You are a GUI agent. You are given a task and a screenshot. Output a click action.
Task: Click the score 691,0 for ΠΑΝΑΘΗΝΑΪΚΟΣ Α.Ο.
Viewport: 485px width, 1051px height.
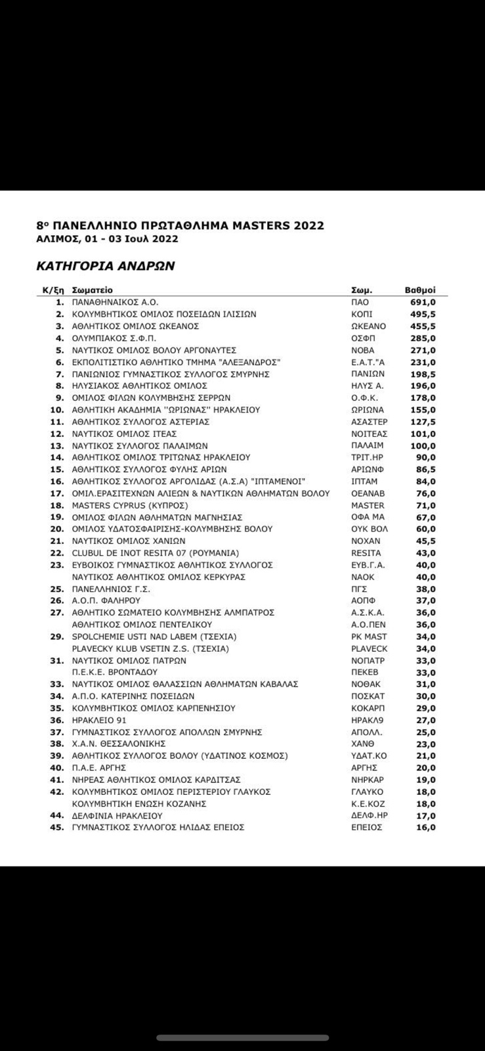tap(423, 302)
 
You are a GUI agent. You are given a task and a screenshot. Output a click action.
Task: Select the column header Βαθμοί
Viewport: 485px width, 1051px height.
tap(420, 290)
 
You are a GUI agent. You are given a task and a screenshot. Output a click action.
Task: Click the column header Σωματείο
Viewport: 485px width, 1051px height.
tap(92, 290)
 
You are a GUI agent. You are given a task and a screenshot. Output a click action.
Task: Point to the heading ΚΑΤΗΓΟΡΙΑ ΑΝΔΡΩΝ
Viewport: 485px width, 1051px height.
tap(105, 266)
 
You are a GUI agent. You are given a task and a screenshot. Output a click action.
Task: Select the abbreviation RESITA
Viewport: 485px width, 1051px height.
tap(366, 553)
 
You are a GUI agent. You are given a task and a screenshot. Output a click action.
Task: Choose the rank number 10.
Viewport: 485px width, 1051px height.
tap(58, 410)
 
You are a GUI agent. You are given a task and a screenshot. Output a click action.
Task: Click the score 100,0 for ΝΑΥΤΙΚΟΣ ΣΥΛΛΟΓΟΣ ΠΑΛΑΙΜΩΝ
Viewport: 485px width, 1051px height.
tap(423, 446)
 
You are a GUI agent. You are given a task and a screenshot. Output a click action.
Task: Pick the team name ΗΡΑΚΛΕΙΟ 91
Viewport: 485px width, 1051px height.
tap(99, 720)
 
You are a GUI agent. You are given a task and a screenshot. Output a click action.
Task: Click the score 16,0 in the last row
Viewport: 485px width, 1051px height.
tap(425, 828)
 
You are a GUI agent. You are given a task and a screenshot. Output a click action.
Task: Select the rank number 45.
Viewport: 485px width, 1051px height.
tap(58, 828)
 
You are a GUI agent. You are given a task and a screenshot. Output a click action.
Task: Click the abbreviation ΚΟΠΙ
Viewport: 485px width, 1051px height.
tap(363, 315)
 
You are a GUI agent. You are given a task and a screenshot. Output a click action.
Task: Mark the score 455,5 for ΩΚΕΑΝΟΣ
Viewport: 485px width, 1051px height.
tap(423, 326)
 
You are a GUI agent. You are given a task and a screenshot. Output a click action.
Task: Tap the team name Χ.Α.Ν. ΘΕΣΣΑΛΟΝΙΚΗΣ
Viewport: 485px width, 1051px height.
tap(119, 744)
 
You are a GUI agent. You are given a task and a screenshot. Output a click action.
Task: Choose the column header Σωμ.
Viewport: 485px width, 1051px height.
tap(362, 290)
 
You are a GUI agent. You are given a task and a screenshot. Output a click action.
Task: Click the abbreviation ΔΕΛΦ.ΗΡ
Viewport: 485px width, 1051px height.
tap(369, 816)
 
